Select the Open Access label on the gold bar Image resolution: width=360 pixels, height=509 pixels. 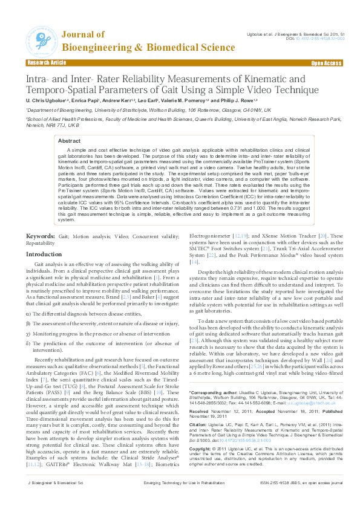point(326,63)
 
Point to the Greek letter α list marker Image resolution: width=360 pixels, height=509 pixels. point(28,314)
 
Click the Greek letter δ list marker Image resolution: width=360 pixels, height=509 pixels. point(28,344)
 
